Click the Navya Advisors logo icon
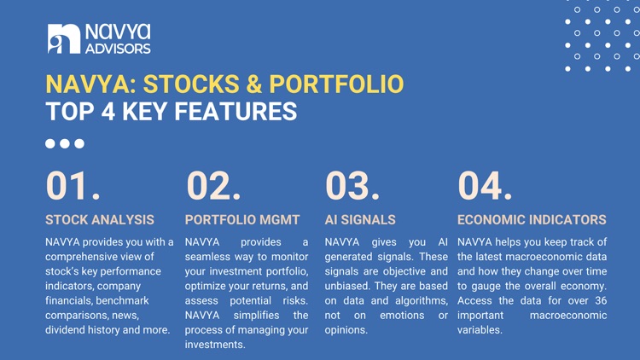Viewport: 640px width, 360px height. pyautogui.click(x=63, y=39)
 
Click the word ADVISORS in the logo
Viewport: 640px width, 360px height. pyautogui.click(x=118, y=49)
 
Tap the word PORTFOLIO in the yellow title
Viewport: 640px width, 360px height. pyautogui.click(x=336, y=84)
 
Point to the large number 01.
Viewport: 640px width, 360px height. pyautogui.click(x=73, y=185)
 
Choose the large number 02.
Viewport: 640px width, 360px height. pyautogui.click(x=213, y=185)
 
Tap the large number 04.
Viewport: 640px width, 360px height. pyautogui.click(x=485, y=185)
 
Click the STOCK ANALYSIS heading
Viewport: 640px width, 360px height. pyautogui.click(x=100, y=220)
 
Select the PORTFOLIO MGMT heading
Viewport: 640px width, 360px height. pyautogui.click(x=242, y=220)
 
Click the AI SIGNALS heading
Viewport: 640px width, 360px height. pyautogui.click(x=360, y=220)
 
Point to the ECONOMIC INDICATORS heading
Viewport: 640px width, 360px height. pyautogui.click(x=532, y=220)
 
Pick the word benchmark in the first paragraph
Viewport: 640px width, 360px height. pyautogui.click(x=120, y=300)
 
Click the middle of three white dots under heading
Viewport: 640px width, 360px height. pyautogui.click(x=65, y=143)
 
